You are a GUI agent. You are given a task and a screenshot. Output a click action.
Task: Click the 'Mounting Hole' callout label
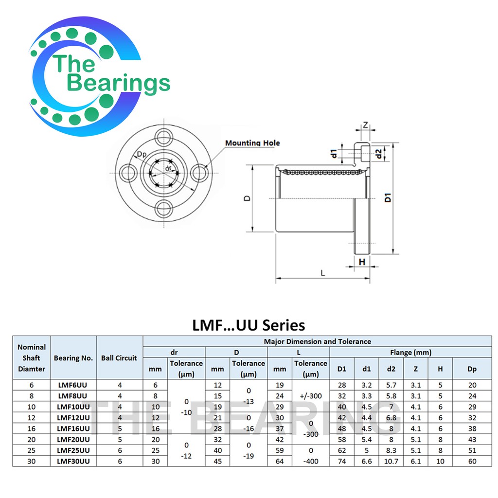pyautogui.click(x=252, y=143)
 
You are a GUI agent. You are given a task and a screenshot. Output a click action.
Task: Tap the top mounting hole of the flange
pyautogui.click(x=164, y=138)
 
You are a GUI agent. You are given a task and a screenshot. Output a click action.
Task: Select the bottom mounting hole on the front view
pyautogui.click(x=164, y=209)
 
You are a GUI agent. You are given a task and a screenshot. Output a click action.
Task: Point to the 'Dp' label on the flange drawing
pyautogui.click(x=142, y=154)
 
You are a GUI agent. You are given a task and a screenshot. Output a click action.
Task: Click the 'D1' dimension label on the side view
pyautogui.click(x=388, y=197)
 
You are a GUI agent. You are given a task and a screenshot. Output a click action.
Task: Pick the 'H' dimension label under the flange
pyautogui.click(x=362, y=262)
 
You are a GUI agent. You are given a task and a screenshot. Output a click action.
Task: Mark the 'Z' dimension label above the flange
pyautogui.click(x=365, y=125)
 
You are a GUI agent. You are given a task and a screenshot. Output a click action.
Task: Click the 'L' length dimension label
pyautogui.click(x=323, y=273)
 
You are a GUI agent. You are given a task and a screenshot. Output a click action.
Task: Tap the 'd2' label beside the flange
pyautogui.click(x=378, y=154)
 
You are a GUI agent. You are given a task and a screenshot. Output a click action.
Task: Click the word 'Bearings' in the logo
pyautogui.click(x=119, y=83)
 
